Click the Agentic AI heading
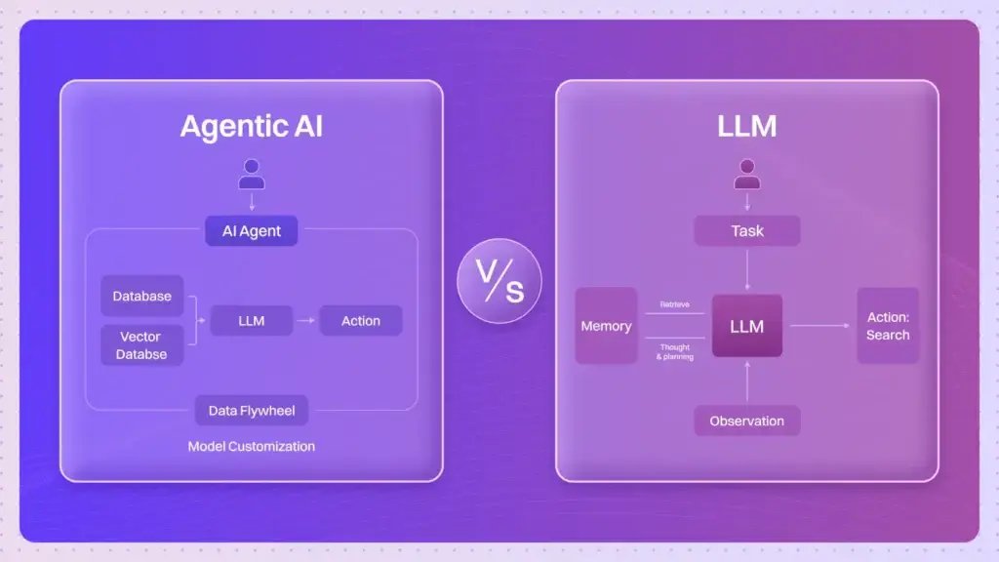coord(251,127)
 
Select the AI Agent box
coord(251,231)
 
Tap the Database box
coord(141,296)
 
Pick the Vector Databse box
coord(141,345)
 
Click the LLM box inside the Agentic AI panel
coord(251,321)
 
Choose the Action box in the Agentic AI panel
coord(361,321)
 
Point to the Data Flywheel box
coord(251,411)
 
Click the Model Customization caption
coord(251,446)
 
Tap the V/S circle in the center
coord(499,281)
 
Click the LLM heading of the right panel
coord(746,127)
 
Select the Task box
coord(746,231)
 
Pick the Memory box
coord(606,326)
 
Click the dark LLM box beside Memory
coord(746,326)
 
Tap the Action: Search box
coord(888,326)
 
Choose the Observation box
coord(746,421)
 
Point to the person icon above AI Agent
coord(251,174)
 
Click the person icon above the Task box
coord(746,174)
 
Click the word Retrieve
coord(674,304)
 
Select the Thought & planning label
coord(674,351)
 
